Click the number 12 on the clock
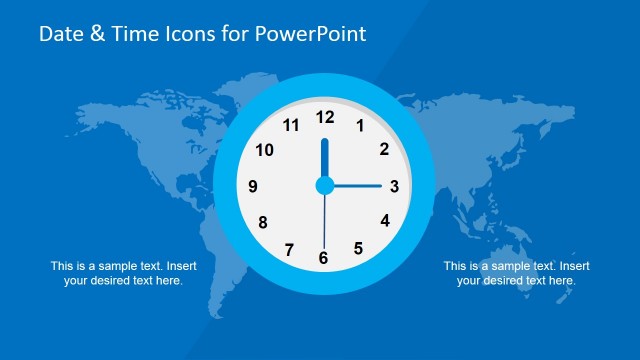pyautogui.click(x=324, y=117)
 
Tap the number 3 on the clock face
pyautogui.click(x=394, y=185)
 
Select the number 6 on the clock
pyautogui.click(x=323, y=258)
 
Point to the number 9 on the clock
pyautogui.click(x=253, y=186)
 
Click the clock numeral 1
pyautogui.click(x=360, y=126)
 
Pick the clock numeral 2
pyautogui.click(x=384, y=150)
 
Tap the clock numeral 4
pyautogui.click(x=385, y=221)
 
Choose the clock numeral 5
pyautogui.click(x=358, y=248)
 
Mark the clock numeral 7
pyautogui.click(x=289, y=249)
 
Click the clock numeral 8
pyautogui.click(x=262, y=222)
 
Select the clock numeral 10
pyautogui.click(x=265, y=150)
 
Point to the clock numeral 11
pyautogui.click(x=291, y=126)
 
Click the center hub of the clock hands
pyautogui.click(x=324, y=185)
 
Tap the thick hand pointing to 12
pyautogui.click(x=324, y=157)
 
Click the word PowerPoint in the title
pyautogui.click(x=310, y=34)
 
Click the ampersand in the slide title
pyautogui.click(x=95, y=34)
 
